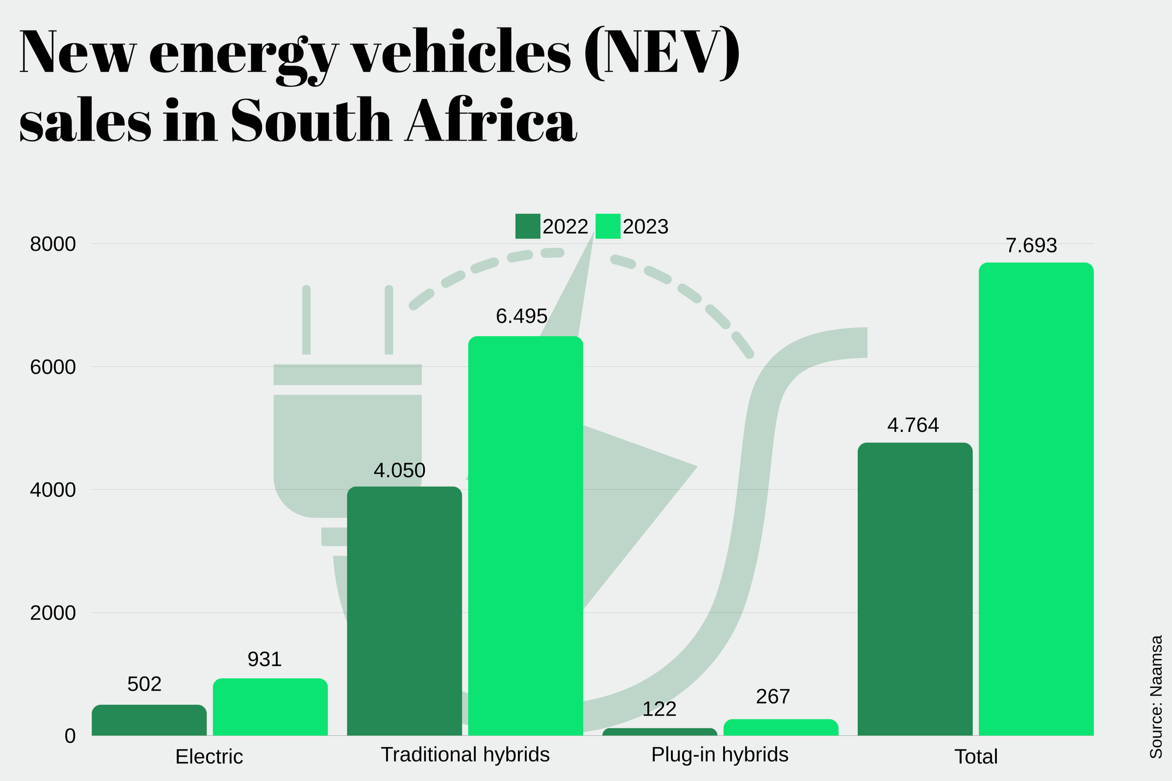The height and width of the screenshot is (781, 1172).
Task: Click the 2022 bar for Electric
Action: (x=149, y=720)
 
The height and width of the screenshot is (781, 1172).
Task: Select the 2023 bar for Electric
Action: (x=270, y=707)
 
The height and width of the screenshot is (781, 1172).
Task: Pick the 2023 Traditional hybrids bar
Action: (x=526, y=536)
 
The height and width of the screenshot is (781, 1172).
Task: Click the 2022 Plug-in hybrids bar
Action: (x=660, y=731)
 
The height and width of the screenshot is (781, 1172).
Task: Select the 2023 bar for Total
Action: (x=1036, y=499)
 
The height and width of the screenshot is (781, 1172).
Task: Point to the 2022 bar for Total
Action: (x=915, y=589)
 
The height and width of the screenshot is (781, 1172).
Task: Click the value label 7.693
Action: (x=1031, y=245)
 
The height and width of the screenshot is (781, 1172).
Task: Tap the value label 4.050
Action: (x=399, y=470)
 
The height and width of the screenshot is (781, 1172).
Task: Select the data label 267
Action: (x=773, y=697)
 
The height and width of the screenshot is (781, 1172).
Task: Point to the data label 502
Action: (x=144, y=684)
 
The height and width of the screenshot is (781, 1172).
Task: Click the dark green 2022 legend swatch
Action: (x=527, y=226)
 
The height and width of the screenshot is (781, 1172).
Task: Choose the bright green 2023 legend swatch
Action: (x=608, y=226)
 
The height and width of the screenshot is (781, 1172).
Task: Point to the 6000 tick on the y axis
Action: (x=53, y=367)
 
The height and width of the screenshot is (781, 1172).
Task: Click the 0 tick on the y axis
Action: (x=70, y=736)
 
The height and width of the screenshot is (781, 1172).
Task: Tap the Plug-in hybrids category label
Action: (x=720, y=755)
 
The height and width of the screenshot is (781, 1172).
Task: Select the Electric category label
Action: (x=209, y=756)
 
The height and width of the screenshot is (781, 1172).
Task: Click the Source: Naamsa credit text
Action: (x=1156, y=697)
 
